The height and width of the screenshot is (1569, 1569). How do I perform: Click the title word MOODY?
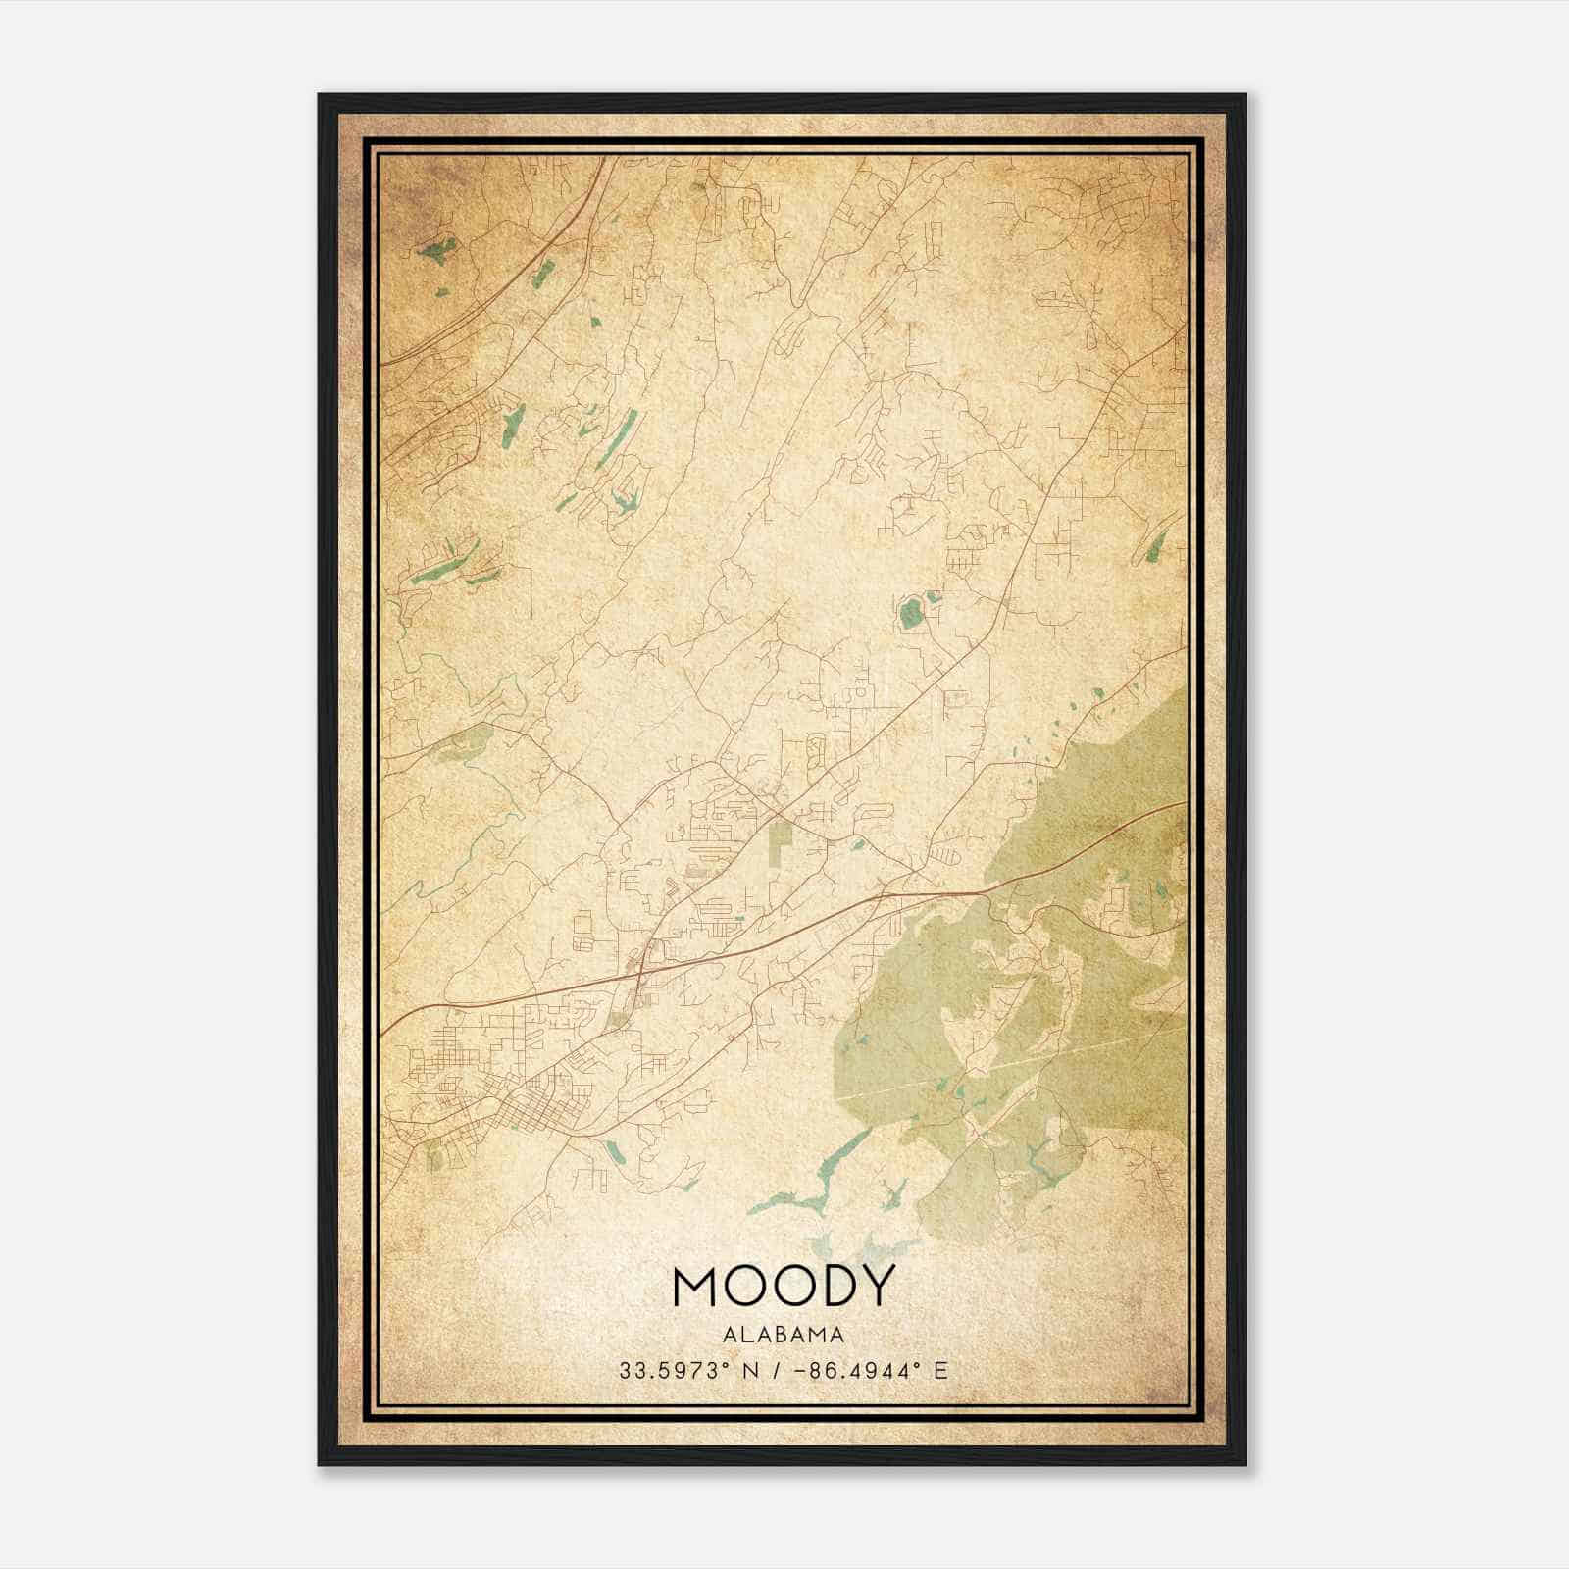tap(784, 1286)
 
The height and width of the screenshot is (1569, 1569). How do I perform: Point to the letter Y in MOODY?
tap(877, 1286)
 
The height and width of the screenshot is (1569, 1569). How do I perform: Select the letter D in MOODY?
tap(834, 1286)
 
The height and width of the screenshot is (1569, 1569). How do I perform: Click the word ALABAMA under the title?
tap(784, 1335)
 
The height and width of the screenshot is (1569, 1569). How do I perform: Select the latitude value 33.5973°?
tap(678, 1370)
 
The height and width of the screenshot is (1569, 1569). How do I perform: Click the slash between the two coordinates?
tap(775, 1370)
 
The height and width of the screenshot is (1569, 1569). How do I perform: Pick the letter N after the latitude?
tap(752, 1370)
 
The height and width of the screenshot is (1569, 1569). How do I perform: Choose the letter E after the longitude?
tap(940, 1370)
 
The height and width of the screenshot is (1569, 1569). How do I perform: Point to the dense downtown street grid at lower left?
tap(490, 1088)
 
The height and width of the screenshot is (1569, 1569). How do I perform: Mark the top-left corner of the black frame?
tap(321, 96)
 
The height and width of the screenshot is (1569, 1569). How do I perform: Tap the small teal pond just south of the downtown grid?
tap(614, 1152)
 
